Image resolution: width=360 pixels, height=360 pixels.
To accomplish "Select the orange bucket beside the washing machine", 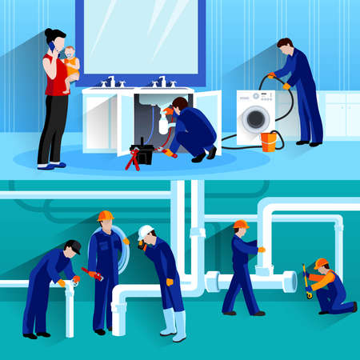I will point(269,142).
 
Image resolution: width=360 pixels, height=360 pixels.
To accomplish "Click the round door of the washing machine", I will point(255,118).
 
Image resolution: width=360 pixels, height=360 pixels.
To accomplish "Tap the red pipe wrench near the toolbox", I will point(131,159).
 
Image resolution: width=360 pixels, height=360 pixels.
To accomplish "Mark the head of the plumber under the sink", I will point(180,104).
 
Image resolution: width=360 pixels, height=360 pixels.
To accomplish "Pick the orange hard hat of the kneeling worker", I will point(321,263).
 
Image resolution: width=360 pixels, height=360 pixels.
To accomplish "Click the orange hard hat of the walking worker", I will point(241,225).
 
